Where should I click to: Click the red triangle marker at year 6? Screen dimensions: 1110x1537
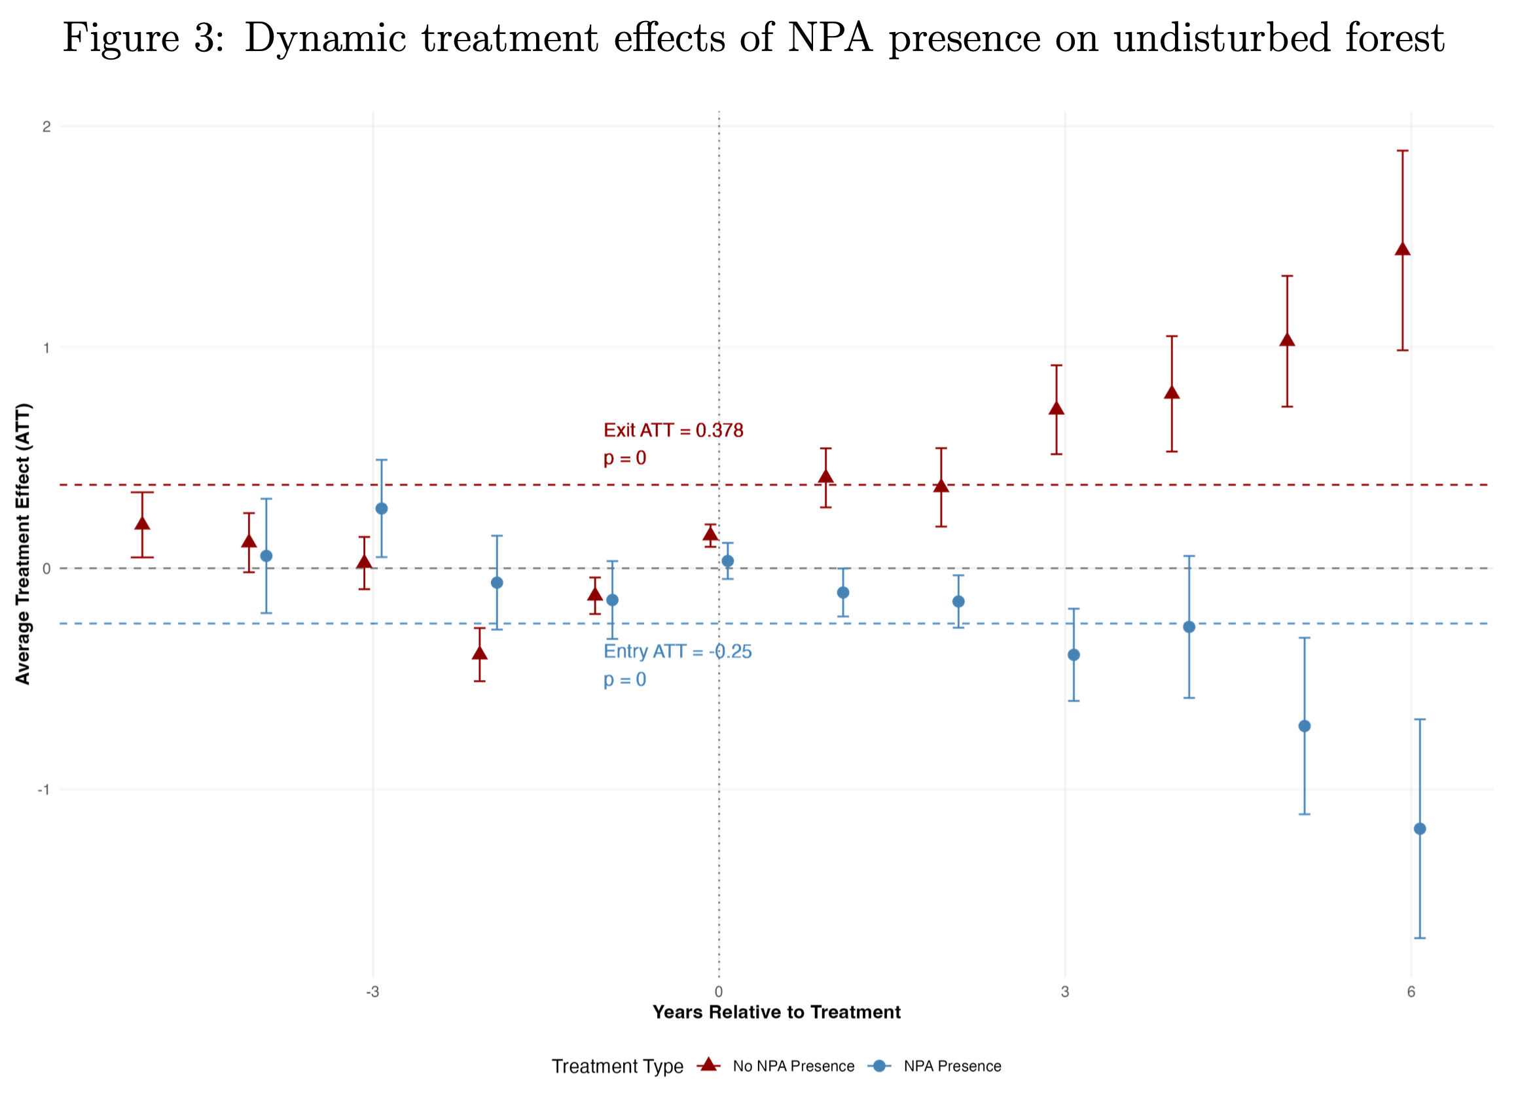coord(1402,249)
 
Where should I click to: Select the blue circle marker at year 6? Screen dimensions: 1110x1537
coord(1420,829)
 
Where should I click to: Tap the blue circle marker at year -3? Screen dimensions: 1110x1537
coord(382,509)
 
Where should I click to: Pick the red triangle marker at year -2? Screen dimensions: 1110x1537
coord(479,653)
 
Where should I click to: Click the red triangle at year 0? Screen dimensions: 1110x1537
coord(710,534)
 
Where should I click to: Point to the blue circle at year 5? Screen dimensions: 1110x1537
coord(1304,726)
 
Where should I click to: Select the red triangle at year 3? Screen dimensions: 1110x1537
coord(1056,408)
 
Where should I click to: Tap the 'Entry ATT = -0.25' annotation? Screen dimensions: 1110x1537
coord(677,651)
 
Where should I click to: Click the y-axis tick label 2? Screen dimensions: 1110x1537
coord(46,127)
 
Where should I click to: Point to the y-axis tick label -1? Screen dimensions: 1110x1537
coord(44,789)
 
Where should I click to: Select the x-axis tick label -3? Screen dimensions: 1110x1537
coord(372,992)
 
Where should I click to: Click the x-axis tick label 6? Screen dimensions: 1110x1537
coord(1411,992)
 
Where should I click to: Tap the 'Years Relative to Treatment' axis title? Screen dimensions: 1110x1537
coord(776,1012)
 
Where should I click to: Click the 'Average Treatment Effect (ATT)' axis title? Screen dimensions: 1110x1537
coord(23,543)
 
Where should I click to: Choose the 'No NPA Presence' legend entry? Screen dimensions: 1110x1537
coord(793,1066)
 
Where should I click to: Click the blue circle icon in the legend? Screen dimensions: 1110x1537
coord(878,1066)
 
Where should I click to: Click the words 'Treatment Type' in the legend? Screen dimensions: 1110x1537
coord(617,1067)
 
